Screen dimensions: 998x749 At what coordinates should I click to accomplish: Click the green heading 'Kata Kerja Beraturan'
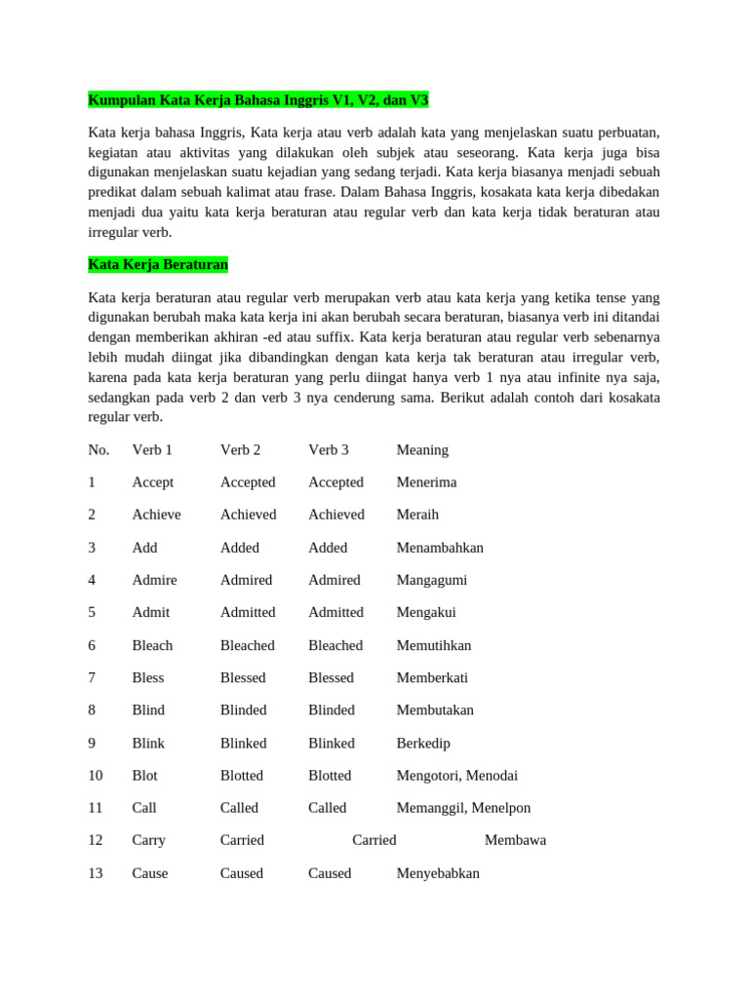158,264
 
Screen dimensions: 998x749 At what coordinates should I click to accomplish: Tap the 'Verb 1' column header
152,449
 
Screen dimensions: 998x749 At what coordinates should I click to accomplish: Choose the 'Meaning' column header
422,449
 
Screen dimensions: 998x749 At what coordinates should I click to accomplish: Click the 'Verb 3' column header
329,449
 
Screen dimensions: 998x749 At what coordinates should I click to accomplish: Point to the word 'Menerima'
426,482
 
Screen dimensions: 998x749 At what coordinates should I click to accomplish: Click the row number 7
92,677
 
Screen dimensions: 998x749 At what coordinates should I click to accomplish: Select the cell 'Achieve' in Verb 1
156,515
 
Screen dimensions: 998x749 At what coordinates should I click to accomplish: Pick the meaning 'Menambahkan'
440,548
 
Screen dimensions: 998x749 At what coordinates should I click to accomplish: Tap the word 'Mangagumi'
431,580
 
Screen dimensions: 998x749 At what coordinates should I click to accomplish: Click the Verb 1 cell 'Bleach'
152,645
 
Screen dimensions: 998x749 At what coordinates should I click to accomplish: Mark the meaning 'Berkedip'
423,743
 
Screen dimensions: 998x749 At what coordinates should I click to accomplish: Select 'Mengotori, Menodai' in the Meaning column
456,776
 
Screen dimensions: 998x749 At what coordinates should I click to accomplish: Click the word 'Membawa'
515,840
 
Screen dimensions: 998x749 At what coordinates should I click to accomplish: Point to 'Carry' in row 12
148,840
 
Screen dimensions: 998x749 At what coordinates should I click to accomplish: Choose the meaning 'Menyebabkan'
438,873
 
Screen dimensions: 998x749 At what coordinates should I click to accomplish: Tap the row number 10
95,776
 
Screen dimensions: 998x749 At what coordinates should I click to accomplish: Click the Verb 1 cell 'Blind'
148,710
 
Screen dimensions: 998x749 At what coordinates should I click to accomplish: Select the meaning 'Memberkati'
432,677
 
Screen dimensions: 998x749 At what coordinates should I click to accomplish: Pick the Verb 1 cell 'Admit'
150,612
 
